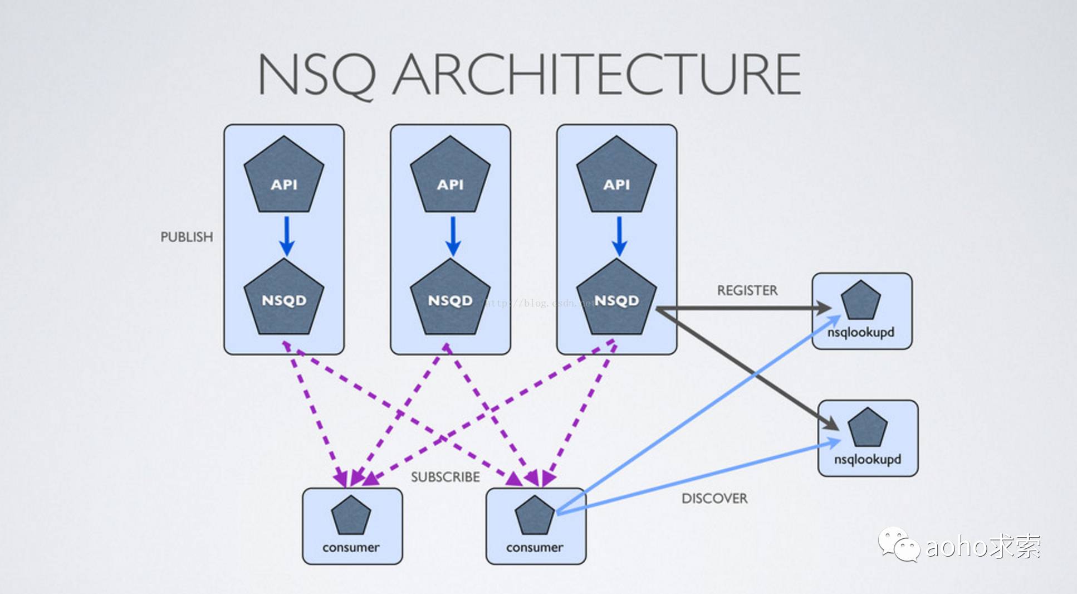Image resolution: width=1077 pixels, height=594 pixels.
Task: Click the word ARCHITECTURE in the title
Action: pos(597,74)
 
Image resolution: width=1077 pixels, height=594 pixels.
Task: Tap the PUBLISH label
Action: pos(187,237)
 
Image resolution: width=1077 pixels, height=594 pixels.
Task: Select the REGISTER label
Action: pos(747,290)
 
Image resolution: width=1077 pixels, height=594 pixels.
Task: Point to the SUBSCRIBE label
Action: pos(445,477)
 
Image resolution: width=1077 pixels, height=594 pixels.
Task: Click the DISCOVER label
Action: pos(714,498)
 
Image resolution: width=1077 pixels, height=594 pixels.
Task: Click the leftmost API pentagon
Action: pos(284,177)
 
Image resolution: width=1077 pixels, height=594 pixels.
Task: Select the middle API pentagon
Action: pos(450,177)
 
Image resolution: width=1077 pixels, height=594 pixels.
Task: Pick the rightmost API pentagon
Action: pos(616,177)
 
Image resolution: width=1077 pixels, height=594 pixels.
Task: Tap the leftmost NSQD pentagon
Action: pos(284,299)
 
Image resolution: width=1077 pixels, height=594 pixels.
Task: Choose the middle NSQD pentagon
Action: pos(450,299)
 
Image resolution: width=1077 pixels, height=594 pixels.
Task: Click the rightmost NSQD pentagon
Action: pos(616,299)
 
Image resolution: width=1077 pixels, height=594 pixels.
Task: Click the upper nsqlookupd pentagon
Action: pos(861,301)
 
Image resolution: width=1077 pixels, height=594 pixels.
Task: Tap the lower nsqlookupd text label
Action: pos(867,459)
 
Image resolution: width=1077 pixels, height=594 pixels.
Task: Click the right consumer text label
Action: pos(535,547)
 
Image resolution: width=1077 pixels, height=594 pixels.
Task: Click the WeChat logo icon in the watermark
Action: pos(898,544)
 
